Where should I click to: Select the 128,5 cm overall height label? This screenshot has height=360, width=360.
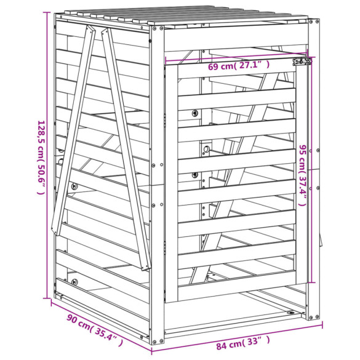40,157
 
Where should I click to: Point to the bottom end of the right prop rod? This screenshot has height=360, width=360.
145,268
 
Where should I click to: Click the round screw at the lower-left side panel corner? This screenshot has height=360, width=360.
74,281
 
